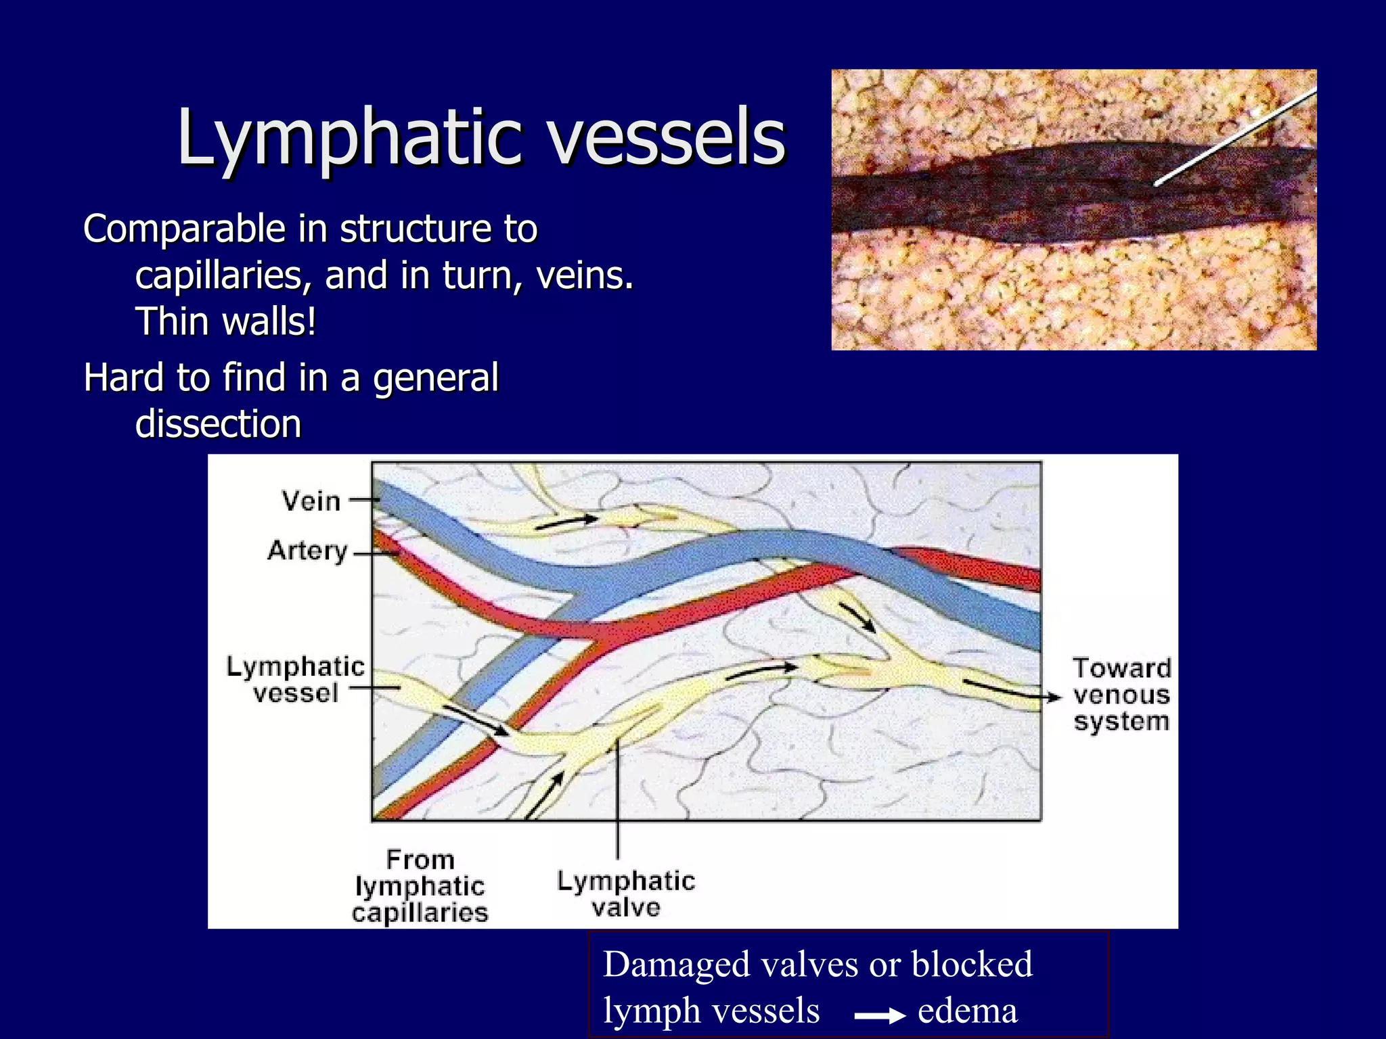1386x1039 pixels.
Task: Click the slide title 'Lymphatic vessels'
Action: point(480,137)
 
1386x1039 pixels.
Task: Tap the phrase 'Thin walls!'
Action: point(225,322)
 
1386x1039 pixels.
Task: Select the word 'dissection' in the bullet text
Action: point(218,424)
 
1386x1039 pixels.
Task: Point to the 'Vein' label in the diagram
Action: point(311,501)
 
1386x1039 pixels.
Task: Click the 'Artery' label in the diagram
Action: point(307,551)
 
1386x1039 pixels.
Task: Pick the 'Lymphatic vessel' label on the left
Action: point(295,680)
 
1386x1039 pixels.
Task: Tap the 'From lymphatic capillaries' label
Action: point(420,886)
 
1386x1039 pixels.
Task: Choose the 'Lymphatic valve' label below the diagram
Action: point(626,894)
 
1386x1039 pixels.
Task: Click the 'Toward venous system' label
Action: point(1121,695)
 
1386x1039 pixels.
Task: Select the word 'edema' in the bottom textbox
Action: point(967,1011)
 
